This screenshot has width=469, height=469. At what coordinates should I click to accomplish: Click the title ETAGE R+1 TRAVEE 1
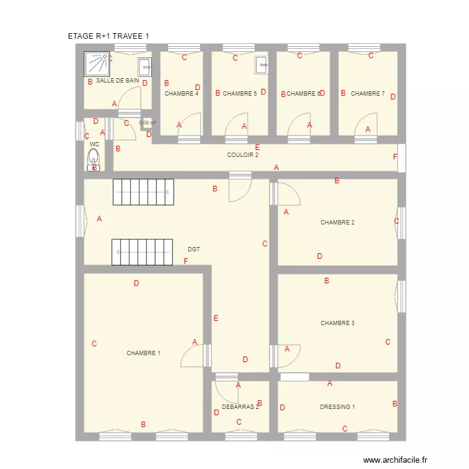(108, 37)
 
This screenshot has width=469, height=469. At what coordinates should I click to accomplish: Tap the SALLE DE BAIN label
(118, 81)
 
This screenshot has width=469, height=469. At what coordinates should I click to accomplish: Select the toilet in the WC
(94, 160)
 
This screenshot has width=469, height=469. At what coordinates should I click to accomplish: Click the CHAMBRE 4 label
(181, 94)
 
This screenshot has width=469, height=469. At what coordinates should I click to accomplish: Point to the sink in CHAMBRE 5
(261, 64)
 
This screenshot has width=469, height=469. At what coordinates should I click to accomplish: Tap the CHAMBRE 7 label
(368, 94)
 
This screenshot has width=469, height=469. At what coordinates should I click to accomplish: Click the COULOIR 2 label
(243, 155)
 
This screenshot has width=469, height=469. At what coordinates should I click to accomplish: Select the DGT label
(194, 250)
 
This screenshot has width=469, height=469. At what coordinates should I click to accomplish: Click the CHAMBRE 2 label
(338, 223)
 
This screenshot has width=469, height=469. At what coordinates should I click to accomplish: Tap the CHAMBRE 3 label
(338, 323)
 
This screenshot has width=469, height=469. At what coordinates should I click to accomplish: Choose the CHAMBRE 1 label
(143, 353)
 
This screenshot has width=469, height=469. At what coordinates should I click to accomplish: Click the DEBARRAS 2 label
(240, 407)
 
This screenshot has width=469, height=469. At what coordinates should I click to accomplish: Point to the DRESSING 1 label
(337, 407)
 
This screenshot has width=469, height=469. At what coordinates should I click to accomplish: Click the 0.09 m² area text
(147, 123)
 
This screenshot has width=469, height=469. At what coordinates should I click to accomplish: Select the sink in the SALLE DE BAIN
(144, 66)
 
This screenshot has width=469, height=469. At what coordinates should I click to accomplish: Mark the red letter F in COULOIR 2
(395, 157)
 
